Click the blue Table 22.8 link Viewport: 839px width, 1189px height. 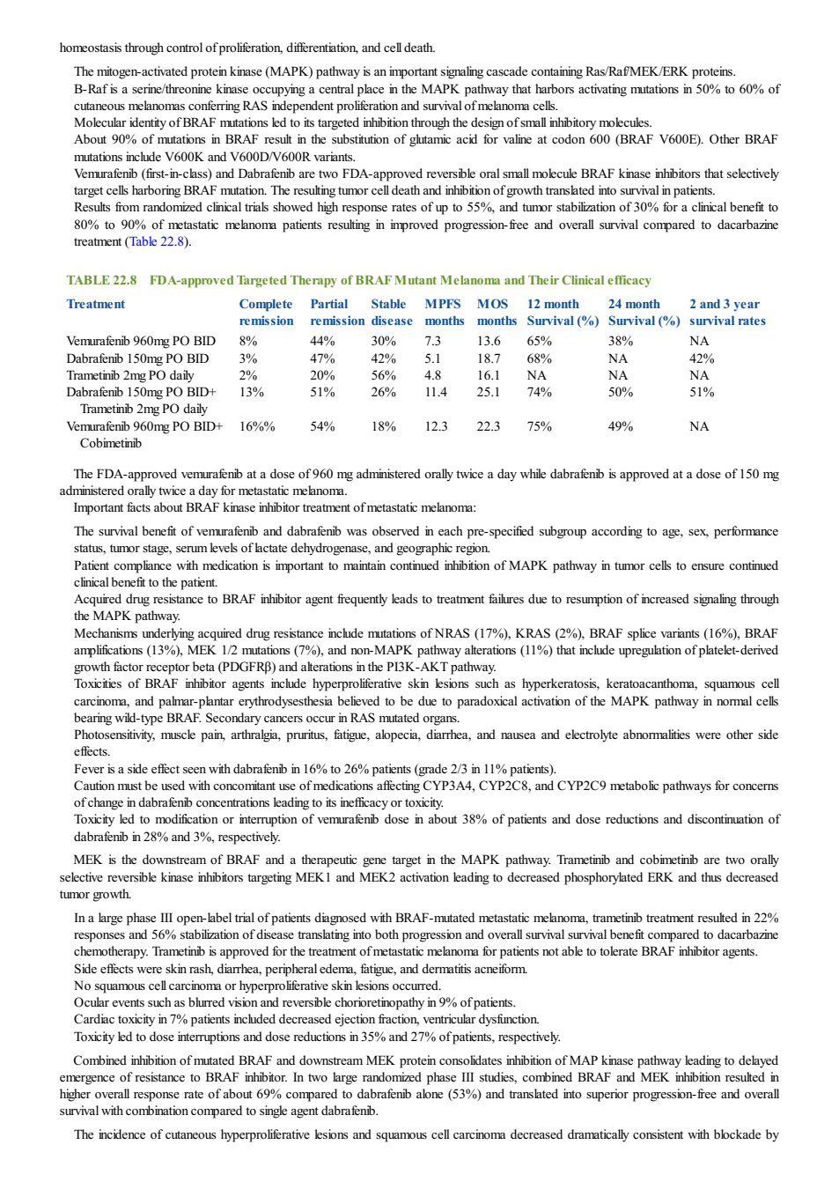tap(157, 241)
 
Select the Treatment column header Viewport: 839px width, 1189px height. tap(96, 304)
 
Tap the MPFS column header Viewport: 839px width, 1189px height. tap(443, 304)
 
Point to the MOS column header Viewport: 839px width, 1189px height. tap(492, 304)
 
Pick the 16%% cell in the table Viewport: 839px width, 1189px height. tap(257, 426)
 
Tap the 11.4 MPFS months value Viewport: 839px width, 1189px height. tap(436, 392)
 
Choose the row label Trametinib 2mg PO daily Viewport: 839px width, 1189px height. tap(130, 375)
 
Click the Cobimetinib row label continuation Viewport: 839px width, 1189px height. tap(111, 443)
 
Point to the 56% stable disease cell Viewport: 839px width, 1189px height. tap(383, 375)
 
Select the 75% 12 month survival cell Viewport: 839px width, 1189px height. tap(539, 426)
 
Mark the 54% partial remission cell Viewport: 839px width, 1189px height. tap(322, 426)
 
